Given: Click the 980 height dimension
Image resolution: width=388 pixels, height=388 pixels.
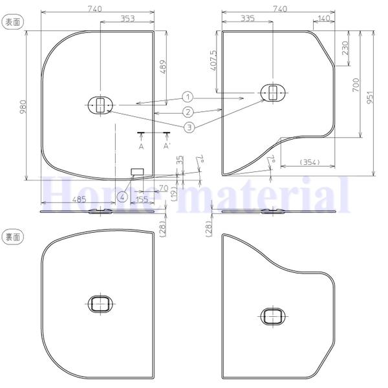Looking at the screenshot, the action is [23, 107].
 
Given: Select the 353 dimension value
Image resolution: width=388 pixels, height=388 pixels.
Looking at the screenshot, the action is [127, 19].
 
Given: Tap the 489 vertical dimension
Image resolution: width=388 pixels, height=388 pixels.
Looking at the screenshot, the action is [163, 67].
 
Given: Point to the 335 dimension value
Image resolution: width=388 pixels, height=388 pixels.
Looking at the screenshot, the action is [248, 18].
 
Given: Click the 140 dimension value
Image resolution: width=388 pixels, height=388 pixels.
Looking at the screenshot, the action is [323, 18].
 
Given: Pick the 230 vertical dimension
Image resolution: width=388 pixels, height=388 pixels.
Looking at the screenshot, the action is [346, 48].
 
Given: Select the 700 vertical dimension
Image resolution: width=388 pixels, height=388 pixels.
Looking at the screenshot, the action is [356, 85].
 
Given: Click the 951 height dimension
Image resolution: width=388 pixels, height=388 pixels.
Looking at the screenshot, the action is [370, 97].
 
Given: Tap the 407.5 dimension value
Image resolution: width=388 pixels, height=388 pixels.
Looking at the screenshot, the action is [213, 61].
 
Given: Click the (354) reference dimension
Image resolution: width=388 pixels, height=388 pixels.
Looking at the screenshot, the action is [310, 162].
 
